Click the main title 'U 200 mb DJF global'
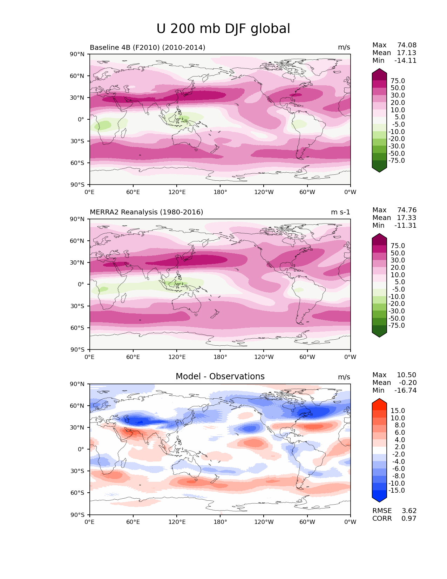[x=223, y=29]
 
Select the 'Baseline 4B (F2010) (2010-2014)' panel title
[x=148, y=47]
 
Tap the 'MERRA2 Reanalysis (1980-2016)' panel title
[x=146, y=212]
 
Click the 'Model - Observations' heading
[x=220, y=377]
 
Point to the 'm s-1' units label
[x=340, y=212]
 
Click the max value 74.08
[x=407, y=45]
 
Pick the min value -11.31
[x=405, y=225]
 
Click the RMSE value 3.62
[x=409, y=511]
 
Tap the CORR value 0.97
[x=409, y=518]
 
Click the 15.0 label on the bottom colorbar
[x=398, y=411]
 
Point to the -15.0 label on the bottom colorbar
[x=397, y=490]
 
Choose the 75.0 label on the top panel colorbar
[x=398, y=81]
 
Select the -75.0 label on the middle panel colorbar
[x=397, y=325]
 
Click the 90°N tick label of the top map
[x=77, y=54]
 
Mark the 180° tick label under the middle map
[x=220, y=357]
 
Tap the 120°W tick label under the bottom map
[x=264, y=522]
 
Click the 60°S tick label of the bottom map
[x=77, y=493]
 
